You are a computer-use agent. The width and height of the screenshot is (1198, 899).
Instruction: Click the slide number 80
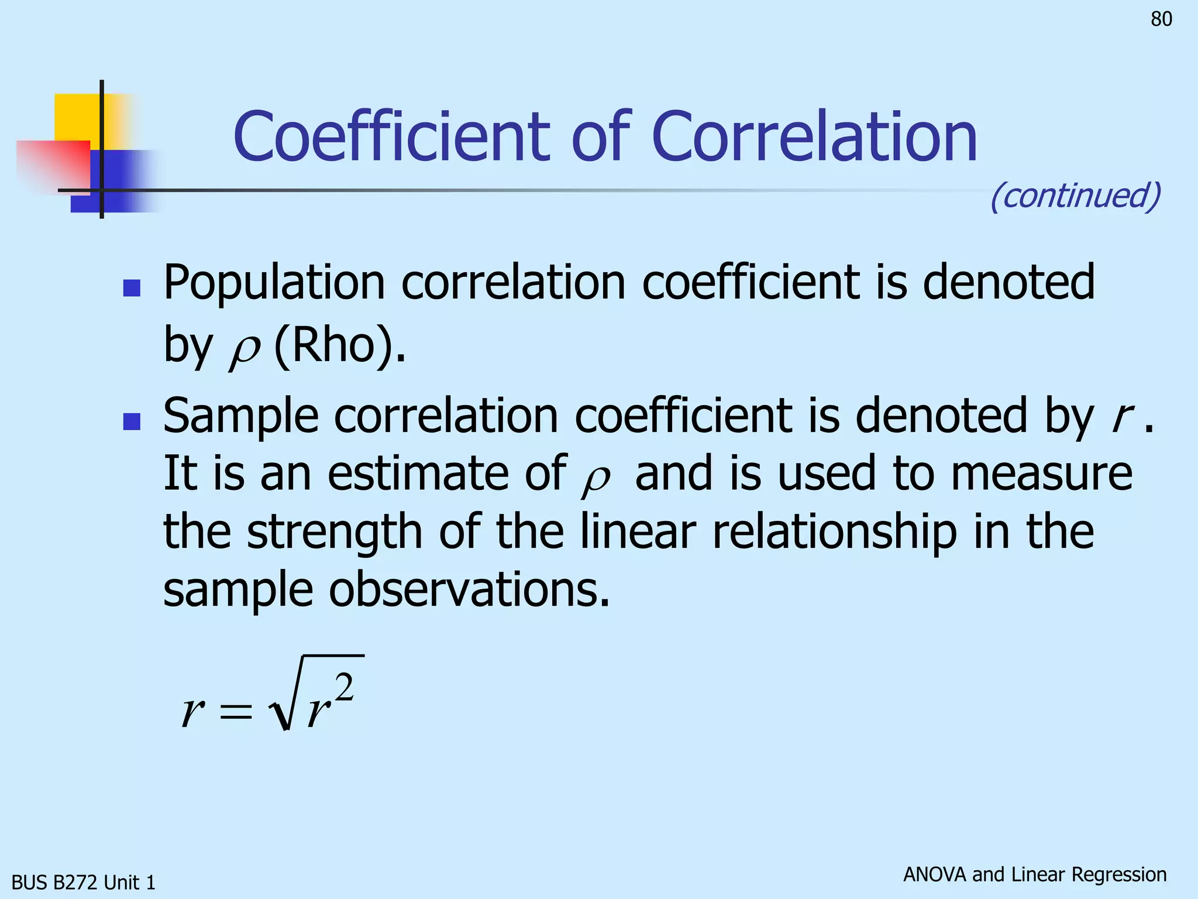tap(1161, 19)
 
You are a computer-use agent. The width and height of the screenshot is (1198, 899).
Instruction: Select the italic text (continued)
tap(1075, 195)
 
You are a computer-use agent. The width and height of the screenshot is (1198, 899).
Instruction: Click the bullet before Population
tap(132, 288)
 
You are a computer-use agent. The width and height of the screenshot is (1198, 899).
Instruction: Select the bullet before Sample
tap(132, 421)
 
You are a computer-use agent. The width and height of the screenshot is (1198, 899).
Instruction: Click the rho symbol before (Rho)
tap(244, 351)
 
